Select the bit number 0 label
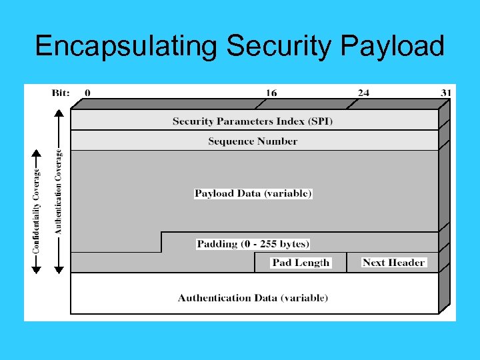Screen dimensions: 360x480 tap(88, 93)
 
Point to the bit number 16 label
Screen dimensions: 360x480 tap(271, 93)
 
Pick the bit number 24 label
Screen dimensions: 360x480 tap(363, 93)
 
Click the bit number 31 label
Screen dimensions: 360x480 tap(447, 93)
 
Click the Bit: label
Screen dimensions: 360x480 tap(61, 93)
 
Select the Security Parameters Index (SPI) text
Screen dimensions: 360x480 tap(253, 121)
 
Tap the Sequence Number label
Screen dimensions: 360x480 tap(253, 141)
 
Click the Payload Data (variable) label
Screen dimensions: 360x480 tap(253, 193)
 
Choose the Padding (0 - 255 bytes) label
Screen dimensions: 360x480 tap(253, 243)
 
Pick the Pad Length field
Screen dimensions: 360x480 tap(301, 263)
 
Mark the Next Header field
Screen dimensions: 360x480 tap(393, 263)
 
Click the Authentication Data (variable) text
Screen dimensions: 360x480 tap(253, 297)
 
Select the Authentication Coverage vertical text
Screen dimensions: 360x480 tap(58, 191)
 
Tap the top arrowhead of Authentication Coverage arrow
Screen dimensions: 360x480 tap(59, 114)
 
